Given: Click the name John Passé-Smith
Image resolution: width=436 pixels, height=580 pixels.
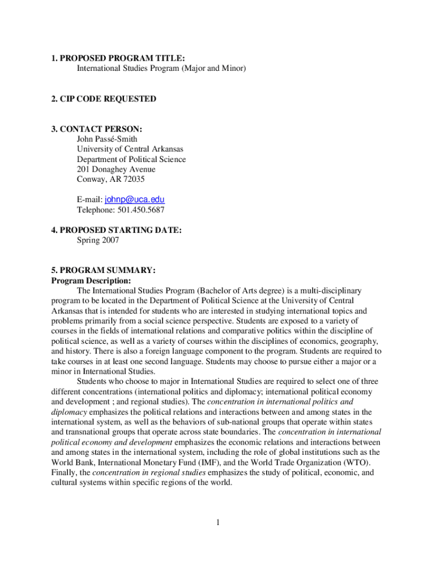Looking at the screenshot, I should click(107, 139).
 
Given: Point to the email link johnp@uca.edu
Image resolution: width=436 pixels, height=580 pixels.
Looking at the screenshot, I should click(135, 200).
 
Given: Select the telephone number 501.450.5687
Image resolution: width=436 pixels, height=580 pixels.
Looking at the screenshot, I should click(141, 210).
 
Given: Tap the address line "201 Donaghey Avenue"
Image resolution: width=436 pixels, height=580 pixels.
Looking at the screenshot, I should click(116, 169).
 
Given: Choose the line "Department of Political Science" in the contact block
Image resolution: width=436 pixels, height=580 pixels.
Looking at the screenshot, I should click(131, 159).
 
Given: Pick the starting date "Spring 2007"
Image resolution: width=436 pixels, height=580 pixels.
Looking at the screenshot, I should click(98, 240).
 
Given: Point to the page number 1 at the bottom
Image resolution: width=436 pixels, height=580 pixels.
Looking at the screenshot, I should click(217, 522).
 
